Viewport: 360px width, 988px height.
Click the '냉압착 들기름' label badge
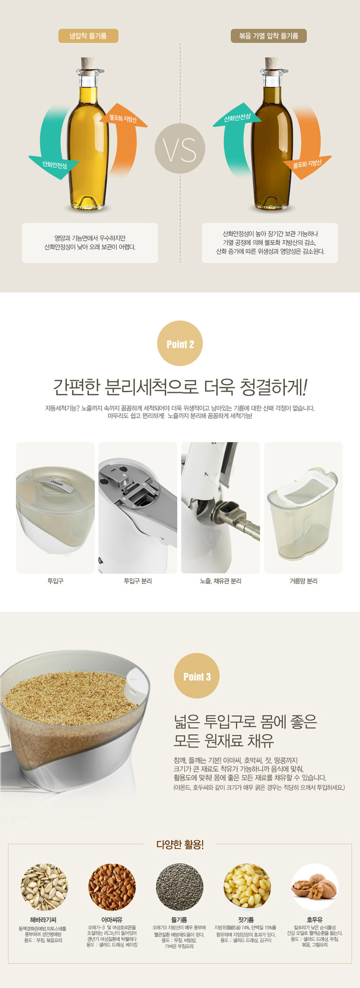coord(88,36)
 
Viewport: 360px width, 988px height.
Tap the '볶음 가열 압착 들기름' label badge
coord(268,36)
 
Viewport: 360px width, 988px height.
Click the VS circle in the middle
coord(180,149)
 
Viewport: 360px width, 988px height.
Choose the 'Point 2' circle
coord(180,344)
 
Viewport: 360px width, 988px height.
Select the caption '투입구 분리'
coord(138,581)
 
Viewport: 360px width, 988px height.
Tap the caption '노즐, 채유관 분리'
coord(220,581)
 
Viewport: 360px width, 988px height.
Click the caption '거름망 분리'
coord(303,581)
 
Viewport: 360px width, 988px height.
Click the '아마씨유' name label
coord(112,920)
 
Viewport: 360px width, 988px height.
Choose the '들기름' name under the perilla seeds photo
coord(179,920)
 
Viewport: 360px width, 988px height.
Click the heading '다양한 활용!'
coord(180,844)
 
